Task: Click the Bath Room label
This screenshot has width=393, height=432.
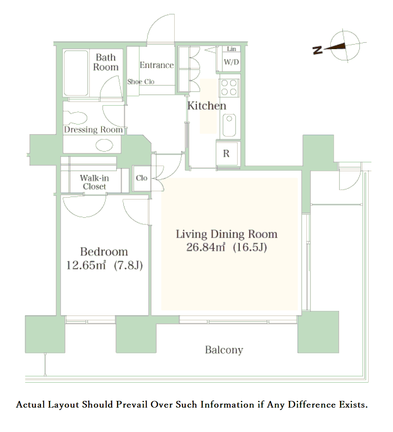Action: pyautogui.click(x=106, y=62)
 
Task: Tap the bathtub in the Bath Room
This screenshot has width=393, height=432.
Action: pyautogui.click(x=76, y=73)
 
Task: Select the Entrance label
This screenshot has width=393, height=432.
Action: pyautogui.click(x=157, y=65)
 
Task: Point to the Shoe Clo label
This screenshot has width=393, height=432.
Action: pyautogui.click(x=141, y=81)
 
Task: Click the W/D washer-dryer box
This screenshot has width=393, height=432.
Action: pyautogui.click(x=231, y=62)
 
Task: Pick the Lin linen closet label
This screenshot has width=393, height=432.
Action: pyautogui.click(x=231, y=49)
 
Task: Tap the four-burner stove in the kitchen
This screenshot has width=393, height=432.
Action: pyautogui.click(x=229, y=88)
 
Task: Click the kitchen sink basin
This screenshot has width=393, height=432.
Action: pyautogui.click(x=229, y=126)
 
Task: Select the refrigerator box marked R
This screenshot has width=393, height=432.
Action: pyautogui.click(x=227, y=153)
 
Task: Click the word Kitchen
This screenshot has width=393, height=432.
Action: pyautogui.click(x=207, y=106)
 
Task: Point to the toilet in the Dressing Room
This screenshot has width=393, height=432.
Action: pyautogui.click(x=75, y=118)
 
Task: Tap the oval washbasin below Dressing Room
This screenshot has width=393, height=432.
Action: pyautogui.click(x=104, y=145)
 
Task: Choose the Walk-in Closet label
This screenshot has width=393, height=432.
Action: pyautogui.click(x=94, y=182)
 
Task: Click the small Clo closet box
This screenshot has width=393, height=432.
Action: pyautogui.click(x=142, y=178)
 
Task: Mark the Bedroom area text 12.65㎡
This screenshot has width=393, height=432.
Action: pyautogui.click(x=86, y=265)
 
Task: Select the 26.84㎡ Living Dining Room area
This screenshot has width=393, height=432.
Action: pyautogui.click(x=206, y=247)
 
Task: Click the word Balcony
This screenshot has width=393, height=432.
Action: pyautogui.click(x=224, y=350)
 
